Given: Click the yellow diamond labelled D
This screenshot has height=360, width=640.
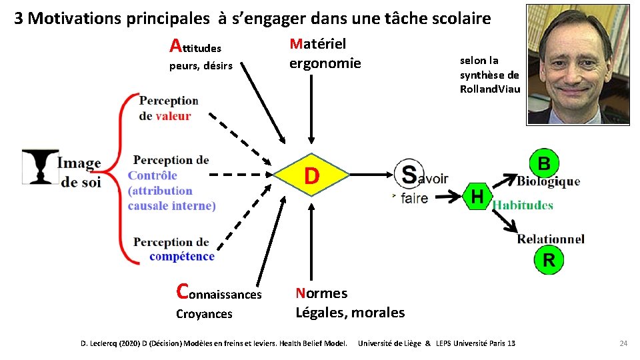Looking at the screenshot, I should (311, 176).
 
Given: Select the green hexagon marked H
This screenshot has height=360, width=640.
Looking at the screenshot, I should (477, 196).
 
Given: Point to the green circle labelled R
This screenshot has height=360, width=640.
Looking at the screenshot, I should (549, 260).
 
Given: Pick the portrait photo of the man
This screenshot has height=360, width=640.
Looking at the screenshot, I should (569, 64).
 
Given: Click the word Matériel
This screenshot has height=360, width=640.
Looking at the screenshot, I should (317, 44).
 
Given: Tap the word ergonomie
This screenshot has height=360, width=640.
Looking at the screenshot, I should (325, 63).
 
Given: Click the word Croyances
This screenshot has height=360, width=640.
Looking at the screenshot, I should (204, 314).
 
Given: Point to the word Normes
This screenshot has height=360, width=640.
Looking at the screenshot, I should (321, 293).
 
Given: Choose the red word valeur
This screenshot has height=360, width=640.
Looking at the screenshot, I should (173, 116).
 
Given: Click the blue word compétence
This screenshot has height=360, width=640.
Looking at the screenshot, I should (182, 257).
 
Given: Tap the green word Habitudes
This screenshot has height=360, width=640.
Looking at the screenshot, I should (523, 205).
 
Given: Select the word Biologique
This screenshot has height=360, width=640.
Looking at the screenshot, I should (548, 181).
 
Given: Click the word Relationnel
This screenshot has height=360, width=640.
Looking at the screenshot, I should (551, 239).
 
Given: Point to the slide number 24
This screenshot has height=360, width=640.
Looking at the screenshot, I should (623, 343).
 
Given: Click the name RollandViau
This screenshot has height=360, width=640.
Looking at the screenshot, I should (490, 89).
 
